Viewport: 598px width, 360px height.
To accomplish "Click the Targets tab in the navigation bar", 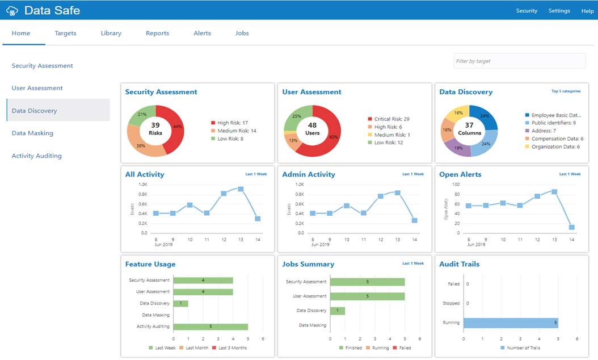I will click(x=65, y=33).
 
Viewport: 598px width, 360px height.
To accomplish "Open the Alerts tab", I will click(x=202, y=33).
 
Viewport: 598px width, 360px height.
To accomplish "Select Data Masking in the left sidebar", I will click(x=32, y=133).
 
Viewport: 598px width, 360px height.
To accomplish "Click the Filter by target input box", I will click(x=519, y=61).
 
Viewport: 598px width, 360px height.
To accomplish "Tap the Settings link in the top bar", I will click(x=559, y=11).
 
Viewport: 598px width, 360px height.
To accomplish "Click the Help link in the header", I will click(x=587, y=11).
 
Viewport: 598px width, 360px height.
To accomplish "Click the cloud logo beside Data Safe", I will click(x=12, y=11).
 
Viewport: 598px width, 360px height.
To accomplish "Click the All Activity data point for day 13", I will click(x=241, y=189).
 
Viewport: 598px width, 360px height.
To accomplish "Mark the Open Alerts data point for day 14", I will click(x=571, y=227).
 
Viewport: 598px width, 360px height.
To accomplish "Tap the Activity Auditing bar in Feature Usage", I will click(x=210, y=326).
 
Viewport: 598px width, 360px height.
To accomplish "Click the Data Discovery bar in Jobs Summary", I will click(x=338, y=311).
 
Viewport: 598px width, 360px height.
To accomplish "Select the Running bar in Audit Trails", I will click(x=511, y=323).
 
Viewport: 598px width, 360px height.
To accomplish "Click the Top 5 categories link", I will click(x=566, y=91).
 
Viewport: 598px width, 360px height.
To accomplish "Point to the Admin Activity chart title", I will click(x=309, y=174).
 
